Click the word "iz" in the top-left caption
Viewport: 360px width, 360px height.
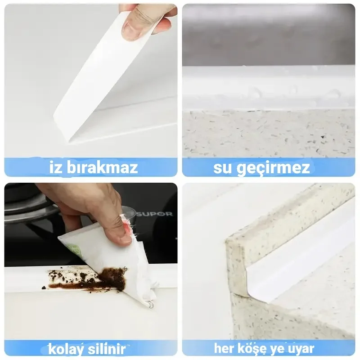55,167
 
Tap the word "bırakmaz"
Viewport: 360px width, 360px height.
102,167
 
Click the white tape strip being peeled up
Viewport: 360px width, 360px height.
103,76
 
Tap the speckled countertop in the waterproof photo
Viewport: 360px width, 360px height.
269,134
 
